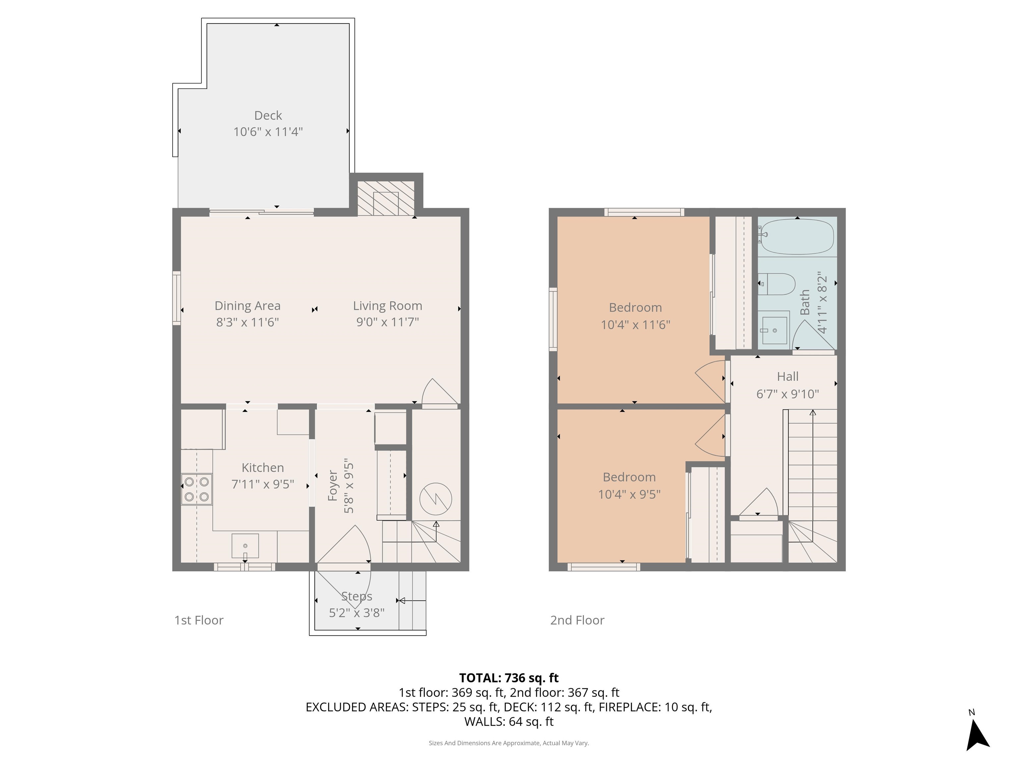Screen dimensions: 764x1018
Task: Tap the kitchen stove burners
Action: coord(197,489)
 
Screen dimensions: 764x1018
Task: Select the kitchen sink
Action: coord(245,546)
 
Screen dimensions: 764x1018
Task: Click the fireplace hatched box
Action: coord(386,198)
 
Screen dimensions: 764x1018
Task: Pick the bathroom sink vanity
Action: coord(774,330)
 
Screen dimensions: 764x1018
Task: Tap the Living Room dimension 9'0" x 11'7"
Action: coord(387,321)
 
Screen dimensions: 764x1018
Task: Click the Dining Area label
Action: coord(247,305)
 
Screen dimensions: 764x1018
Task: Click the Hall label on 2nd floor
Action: coord(787,376)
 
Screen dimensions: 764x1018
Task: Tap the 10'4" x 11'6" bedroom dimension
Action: coord(635,325)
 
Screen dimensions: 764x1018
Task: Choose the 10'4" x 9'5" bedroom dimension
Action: coord(629,494)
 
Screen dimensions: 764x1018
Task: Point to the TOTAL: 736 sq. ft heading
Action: coord(509,678)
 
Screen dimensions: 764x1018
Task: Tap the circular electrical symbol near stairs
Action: coord(435,499)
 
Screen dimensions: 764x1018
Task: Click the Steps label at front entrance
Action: coord(357,596)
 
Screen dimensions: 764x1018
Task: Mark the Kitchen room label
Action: coord(262,468)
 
